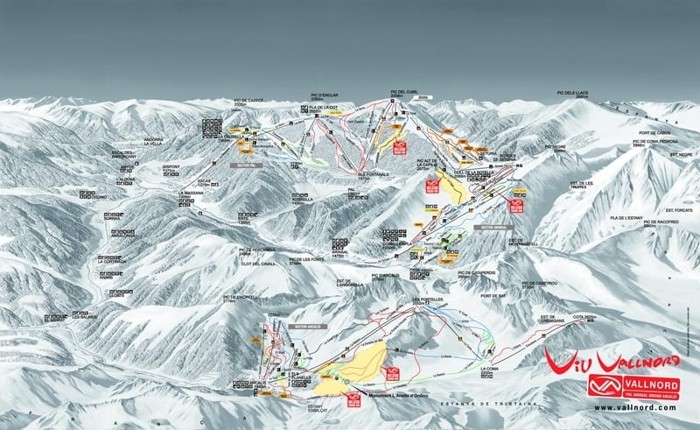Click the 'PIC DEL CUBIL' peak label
(x=404, y=91)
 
